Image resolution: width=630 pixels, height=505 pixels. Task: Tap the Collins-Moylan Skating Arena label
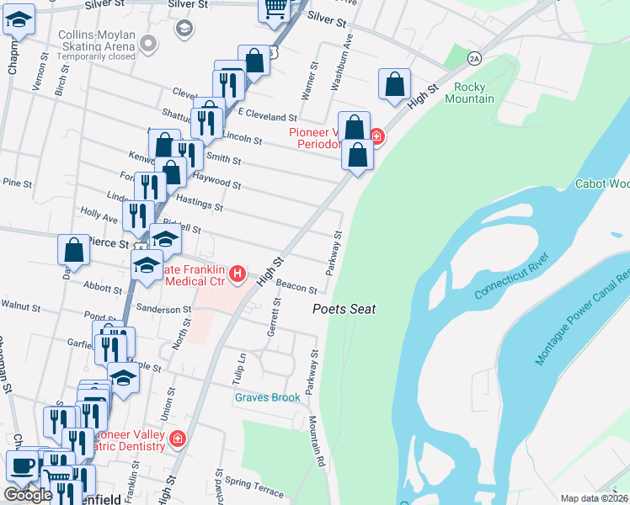pyautogui.click(x=98, y=45)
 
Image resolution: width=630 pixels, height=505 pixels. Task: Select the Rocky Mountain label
pyautogui.click(x=473, y=93)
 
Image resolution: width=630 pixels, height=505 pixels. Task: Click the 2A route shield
pyautogui.click(x=475, y=57)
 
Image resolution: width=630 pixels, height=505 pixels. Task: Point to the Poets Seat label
pyautogui.click(x=344, y=309)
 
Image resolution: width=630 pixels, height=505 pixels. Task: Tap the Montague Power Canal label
pyautogui.click(x=583, y=318)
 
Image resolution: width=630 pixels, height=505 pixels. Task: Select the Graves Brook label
pyautogui.click(x=267, y=397)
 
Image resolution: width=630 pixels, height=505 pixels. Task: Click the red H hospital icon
pyautogui.click(x=238, y=274)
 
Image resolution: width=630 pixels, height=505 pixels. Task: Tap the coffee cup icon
pyautogui.click(x=23, y=465)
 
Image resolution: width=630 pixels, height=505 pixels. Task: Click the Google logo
pyautogui.click(x=28, y=495)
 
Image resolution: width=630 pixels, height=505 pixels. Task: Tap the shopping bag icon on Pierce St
pyautogui.click(x=73, y=249)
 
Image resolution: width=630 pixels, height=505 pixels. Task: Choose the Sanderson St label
pyautogui.click(x=164, y=309)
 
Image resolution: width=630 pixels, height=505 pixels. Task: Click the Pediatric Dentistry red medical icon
pyautogui.click(x=177, y=438)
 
